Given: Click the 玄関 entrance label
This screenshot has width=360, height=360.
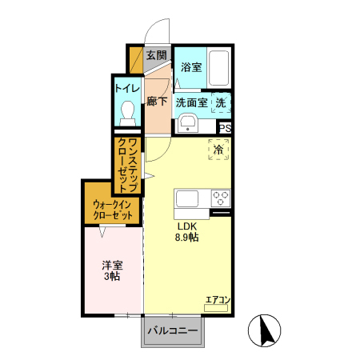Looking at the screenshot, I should [156, 55].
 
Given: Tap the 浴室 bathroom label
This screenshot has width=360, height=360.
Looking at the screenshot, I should [190, 66].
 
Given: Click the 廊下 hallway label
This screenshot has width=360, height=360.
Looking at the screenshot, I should [157, 102].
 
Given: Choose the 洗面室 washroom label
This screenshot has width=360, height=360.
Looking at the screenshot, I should [192, 102].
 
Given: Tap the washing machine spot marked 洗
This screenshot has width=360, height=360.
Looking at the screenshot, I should [221, 102].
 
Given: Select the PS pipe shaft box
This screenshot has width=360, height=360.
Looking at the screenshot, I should [226, 128].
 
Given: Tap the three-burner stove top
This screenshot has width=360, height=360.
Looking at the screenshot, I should [220, 198].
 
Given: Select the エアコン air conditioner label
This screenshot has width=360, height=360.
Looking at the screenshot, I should [218, 300].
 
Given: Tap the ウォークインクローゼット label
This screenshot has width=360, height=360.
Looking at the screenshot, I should [111, 210].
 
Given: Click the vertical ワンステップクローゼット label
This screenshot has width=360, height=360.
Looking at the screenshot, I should [128, 165].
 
